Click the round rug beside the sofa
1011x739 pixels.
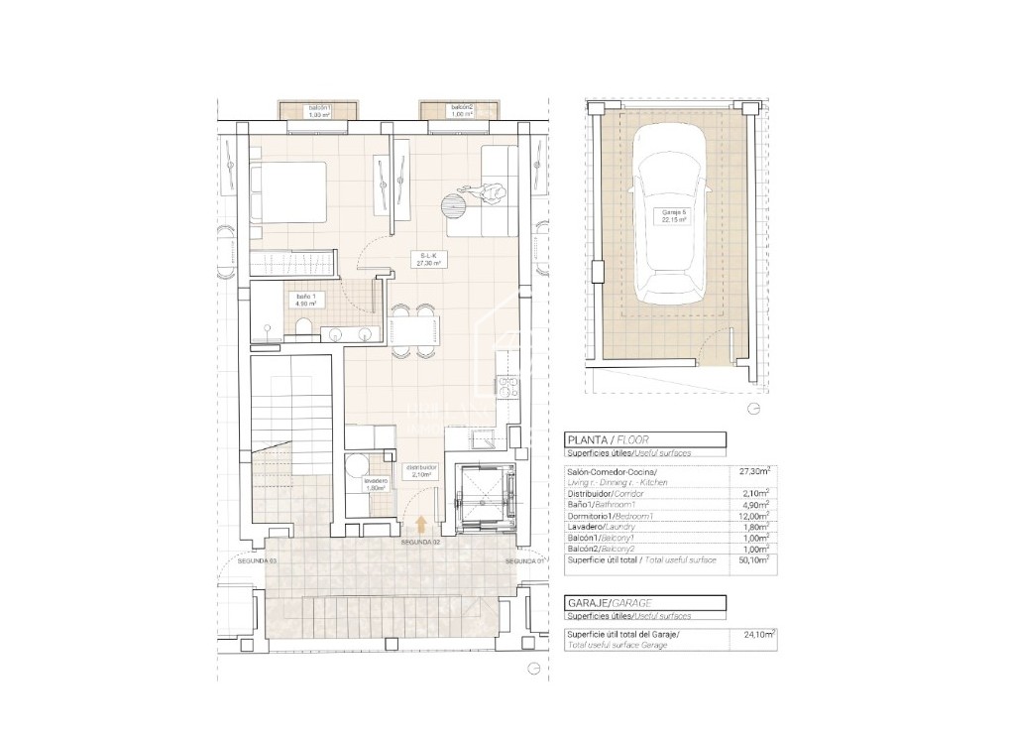[x=454, y=205]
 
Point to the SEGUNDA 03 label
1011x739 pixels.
[x=257, y=561]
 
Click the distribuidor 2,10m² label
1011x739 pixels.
[x=423, y=470]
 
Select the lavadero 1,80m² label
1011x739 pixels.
[x=375, y=484]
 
